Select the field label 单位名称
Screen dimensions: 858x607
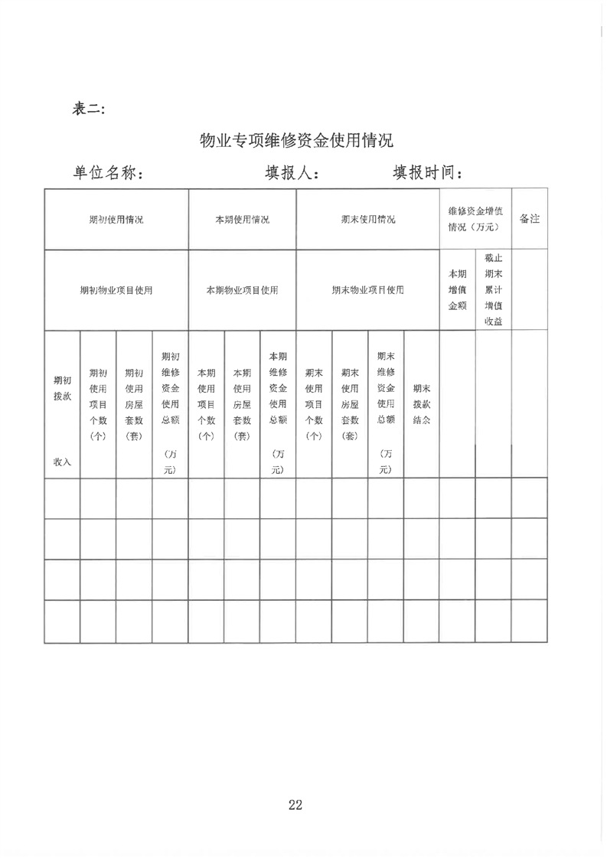(x=109, y=173)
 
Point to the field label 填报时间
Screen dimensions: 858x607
(x=427, y=173)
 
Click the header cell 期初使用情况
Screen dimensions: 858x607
(x=116, y=220)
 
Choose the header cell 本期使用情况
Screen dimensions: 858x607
(x=242, y=220)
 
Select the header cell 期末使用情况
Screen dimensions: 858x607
(x=367, y=220)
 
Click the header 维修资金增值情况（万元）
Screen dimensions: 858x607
(x=475, y=219)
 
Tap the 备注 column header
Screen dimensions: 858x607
(x=529, y=219)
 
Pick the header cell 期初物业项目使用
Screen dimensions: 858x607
(x=116, y=291)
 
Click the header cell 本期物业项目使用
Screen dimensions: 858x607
(x=242, y=291)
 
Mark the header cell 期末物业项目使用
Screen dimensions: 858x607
(x=367, y=291)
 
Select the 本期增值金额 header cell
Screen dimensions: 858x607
(x=457, y=290)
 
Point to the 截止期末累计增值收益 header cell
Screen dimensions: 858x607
(x=493, y=290)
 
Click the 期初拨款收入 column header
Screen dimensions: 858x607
(x=62, y=420)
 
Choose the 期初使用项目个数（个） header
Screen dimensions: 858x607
(x=98, y=404)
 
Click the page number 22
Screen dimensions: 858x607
(x=295, y=804)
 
